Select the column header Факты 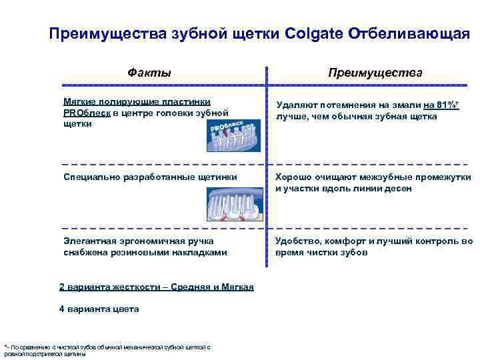(149, 72)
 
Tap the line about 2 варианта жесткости (157, 287)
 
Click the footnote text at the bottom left (107, 350)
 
